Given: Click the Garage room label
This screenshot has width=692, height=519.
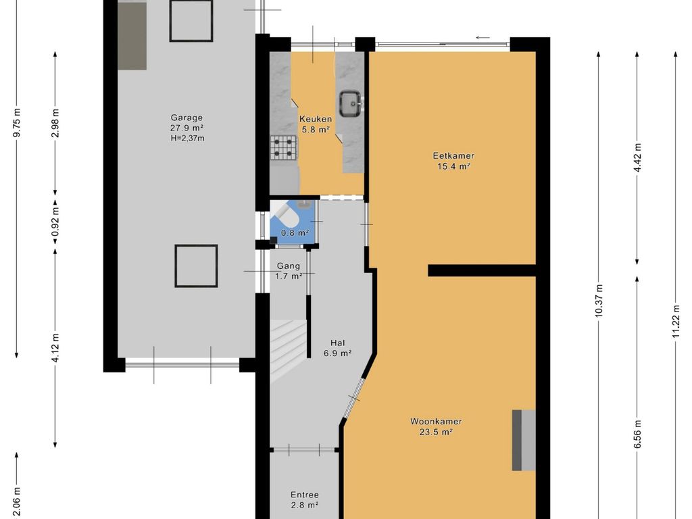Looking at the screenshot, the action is coord(187,118).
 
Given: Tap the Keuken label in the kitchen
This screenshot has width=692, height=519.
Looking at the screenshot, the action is coord(316,119).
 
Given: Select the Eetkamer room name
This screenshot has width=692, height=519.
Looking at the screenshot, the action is coord(453,156).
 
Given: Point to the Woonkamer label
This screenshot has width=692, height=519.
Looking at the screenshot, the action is coord(436,422).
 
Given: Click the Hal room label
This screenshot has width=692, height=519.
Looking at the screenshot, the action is coord(338,343).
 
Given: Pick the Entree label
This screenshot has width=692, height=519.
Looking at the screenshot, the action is coord(305,495).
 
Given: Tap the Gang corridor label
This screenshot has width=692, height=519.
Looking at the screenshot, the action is coord(288,266).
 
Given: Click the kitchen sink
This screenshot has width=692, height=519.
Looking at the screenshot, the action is coord(351,103).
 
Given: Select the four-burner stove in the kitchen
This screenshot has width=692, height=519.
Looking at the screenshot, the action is coord(283,147).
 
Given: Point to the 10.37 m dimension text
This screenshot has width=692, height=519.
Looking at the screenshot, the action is coord(599,301).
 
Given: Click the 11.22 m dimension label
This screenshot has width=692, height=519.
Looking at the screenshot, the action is coord(675,322).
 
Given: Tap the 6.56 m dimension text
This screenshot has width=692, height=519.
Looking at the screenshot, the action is coord(637,435).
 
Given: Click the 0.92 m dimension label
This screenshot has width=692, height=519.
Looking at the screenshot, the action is coord(55,221).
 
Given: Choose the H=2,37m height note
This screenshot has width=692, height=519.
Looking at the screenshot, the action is coord(187,138).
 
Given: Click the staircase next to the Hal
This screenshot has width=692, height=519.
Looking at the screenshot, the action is coord(288,351).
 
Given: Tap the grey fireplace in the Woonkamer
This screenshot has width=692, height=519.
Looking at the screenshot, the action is coord(524,440).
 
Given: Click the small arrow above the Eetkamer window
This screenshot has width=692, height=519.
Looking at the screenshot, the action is coord(483,38).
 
